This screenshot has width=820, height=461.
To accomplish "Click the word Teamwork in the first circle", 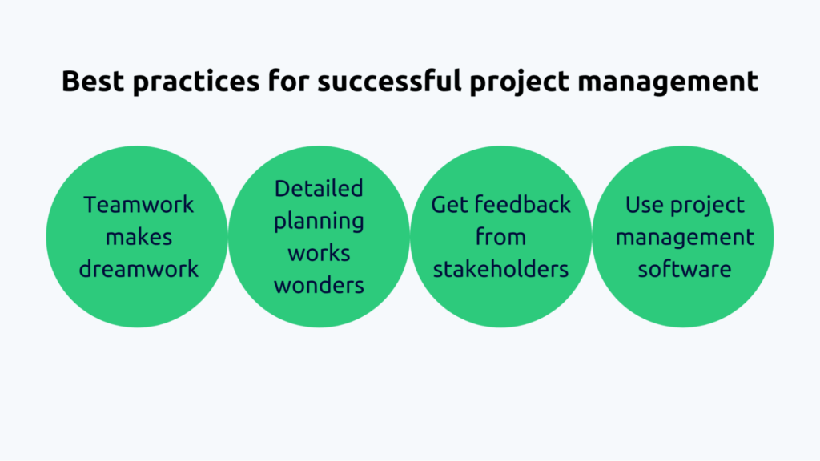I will point(139,205).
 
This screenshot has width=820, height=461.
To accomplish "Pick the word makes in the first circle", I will point(139,237).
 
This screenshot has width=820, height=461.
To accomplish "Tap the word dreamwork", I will point(139,269).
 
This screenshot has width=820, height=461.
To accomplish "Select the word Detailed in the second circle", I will point(319,189).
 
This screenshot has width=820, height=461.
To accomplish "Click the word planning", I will point(319,222).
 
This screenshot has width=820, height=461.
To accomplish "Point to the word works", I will point(319,253).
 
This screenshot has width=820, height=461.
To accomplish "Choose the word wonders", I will point(319,285).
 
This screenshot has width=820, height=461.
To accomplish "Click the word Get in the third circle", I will point(449,205).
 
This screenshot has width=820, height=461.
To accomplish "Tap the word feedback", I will point(521,205).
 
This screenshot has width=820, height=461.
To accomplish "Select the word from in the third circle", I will point(501,237).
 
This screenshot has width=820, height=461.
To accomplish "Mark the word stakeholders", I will point(501,269).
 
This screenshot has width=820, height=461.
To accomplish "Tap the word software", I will point(683,269).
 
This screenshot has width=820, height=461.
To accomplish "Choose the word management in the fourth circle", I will point(684,238).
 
